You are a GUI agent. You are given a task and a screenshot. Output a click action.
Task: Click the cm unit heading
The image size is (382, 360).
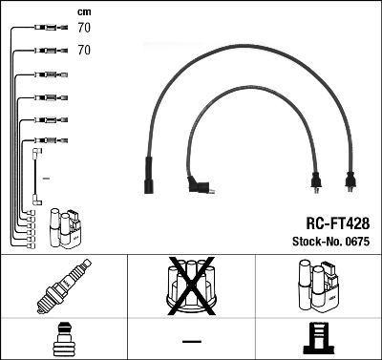point(85,11)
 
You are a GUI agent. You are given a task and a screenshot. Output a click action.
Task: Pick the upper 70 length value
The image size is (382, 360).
point(84,29)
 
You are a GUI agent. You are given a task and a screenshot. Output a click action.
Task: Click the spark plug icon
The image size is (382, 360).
point(63,287)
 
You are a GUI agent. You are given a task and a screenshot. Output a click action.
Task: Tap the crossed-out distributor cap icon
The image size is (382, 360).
point(191,286)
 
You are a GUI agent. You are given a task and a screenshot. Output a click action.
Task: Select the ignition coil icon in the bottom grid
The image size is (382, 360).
point(319,286)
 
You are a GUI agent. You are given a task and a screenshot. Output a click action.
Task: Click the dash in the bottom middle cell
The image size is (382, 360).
point(191,340)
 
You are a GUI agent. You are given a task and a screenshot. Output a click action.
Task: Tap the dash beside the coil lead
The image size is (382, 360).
point(46,180)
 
